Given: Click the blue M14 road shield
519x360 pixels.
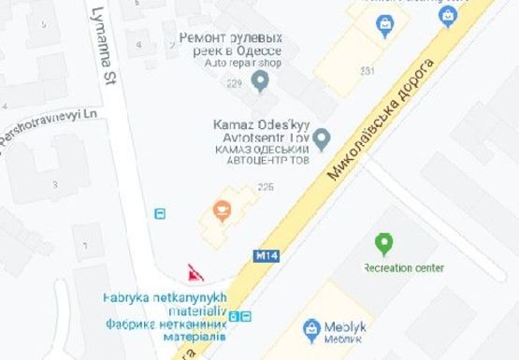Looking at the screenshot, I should click(x=263, y=253).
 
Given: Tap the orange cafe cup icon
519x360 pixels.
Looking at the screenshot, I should click(x=222, y=208).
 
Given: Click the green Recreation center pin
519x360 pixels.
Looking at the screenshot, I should click(x=383, y=245).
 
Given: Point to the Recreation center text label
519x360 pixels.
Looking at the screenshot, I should click(x=403, y=268).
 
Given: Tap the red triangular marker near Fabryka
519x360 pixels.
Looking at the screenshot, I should click(x=195, y=273).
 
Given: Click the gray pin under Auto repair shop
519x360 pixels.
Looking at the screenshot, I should click(x=261, y=81).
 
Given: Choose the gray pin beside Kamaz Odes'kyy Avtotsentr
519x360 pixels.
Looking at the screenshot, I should click(x=321, y=140).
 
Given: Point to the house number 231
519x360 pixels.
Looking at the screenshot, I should click(x=367, y=70).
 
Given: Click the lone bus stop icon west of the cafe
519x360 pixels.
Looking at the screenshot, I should click(x=160, y=213).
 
